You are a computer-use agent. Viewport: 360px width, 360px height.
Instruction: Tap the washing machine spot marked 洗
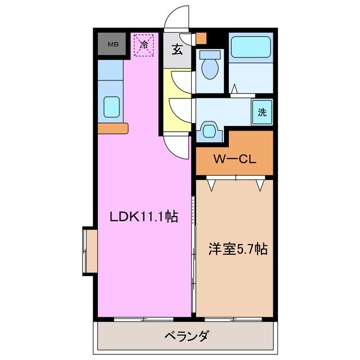(x=262, y=111)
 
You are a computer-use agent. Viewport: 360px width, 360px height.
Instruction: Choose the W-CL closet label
(x=234, y=159)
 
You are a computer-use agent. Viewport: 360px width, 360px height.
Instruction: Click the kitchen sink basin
(x=111, y=106)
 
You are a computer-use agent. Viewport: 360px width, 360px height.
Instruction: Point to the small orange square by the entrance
(x=201, y=39)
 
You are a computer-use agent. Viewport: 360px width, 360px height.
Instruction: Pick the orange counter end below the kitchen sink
(x=113, y=128)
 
